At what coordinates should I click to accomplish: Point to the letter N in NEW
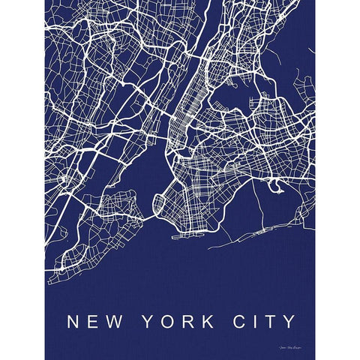click(73, 301)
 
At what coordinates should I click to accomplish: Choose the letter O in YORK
click(169, 301)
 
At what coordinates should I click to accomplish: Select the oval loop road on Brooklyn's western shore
click(160, 203)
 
